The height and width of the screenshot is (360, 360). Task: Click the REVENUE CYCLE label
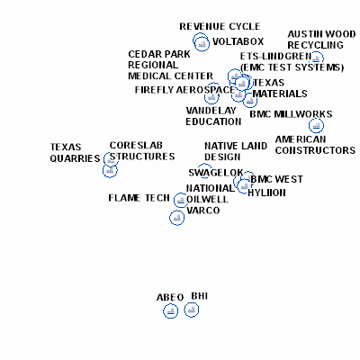[220, 26]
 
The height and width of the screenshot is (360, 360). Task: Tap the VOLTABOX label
[238, 41]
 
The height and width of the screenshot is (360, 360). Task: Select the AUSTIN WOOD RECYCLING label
[321, 40]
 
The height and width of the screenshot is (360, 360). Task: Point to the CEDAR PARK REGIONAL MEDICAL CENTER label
[170, 65]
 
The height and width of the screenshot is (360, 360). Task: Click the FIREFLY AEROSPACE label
[184, 90]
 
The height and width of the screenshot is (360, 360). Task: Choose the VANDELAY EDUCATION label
[213, 116]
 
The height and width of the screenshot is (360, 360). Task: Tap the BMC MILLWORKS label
[291, 114]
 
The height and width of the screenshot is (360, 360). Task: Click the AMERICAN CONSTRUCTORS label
[315, 145]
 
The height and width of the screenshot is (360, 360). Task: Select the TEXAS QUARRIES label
[75, 153]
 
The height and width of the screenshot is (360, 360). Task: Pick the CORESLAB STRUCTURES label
[142, 151]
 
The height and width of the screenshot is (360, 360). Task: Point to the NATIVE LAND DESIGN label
[236, 151]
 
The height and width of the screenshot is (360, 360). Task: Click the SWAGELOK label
[216, 173]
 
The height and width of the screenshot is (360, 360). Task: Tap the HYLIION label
[266, 193]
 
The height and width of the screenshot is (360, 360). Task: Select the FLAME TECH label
[139, 198]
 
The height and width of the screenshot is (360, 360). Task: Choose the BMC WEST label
[276, 179]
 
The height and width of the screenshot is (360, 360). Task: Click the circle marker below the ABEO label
[171, 311]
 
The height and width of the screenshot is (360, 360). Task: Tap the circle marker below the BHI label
[192, 310]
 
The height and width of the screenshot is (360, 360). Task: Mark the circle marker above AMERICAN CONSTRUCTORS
[316, 125]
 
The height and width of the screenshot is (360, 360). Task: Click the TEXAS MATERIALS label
[280, 88]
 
